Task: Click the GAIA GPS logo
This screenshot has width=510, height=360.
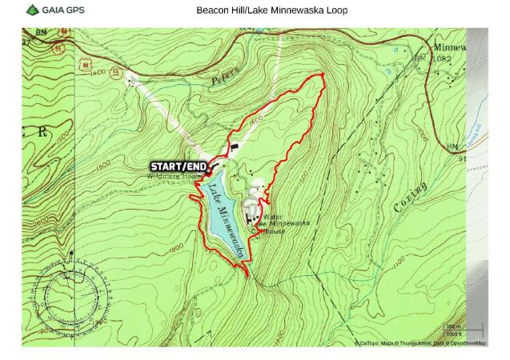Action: tap(54, 10)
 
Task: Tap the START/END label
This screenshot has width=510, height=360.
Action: tap(179, 166)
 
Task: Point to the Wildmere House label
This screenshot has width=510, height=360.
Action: tap(171, 176)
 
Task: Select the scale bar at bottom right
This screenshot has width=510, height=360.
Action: tap(464, 330)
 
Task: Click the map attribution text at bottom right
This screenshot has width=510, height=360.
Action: tap(420, 343)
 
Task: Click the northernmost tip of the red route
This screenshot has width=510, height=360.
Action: tap(323, 74)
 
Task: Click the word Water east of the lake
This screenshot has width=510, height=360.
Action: tap(273, 217)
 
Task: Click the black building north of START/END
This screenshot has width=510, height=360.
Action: tap(235, 146)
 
